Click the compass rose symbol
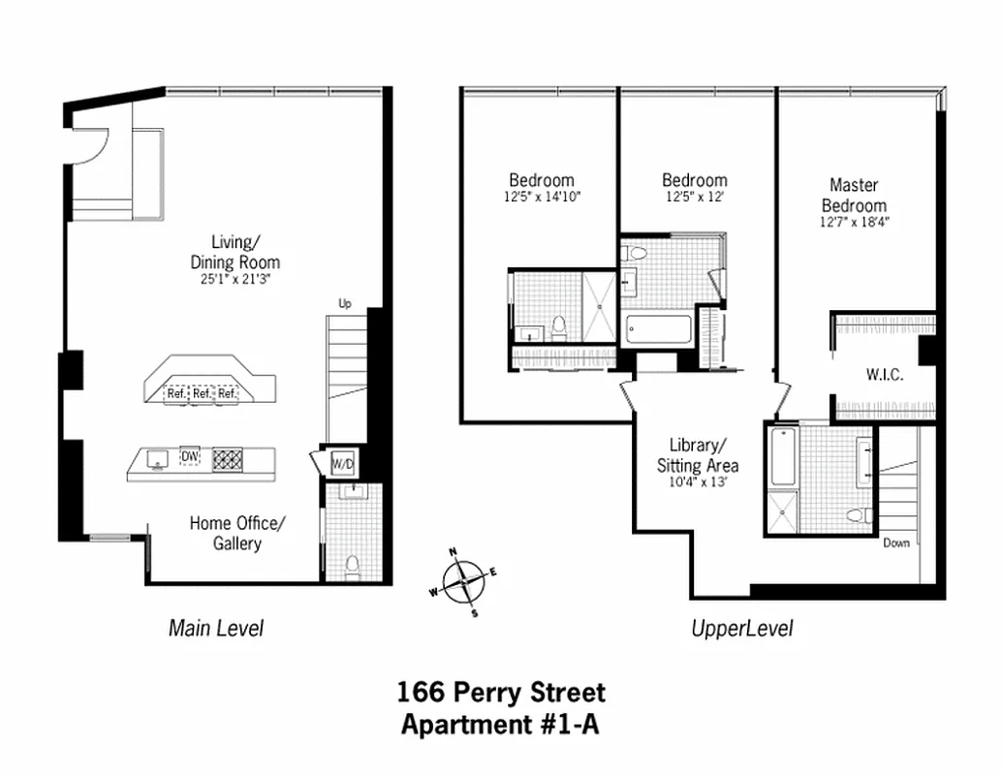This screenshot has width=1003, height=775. pos(465,581)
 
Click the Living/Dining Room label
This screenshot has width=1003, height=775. pos(235,252)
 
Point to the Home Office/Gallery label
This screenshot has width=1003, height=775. pos(237,533)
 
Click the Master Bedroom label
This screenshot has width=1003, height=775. pos(854,195)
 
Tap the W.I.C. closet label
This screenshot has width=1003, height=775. pos(884,375)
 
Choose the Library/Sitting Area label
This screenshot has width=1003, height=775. pos(692,454)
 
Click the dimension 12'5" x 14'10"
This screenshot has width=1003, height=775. pos(542,197)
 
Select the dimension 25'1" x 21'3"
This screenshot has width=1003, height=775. pos(235,280)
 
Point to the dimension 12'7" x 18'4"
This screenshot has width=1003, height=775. pos(854,222)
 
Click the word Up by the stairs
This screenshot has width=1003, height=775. pos(344,304)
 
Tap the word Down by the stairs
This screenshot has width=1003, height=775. pos(896,542)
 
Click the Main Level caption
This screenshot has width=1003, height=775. pos(215,628)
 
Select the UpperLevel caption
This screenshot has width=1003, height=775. pos(741,628)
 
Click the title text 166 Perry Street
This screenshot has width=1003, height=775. pos(501,693)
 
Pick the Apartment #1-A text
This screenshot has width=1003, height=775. pos(501,724)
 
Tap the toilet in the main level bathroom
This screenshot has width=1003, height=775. pos(352,565)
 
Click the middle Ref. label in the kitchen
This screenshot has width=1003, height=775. pos(202,393)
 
